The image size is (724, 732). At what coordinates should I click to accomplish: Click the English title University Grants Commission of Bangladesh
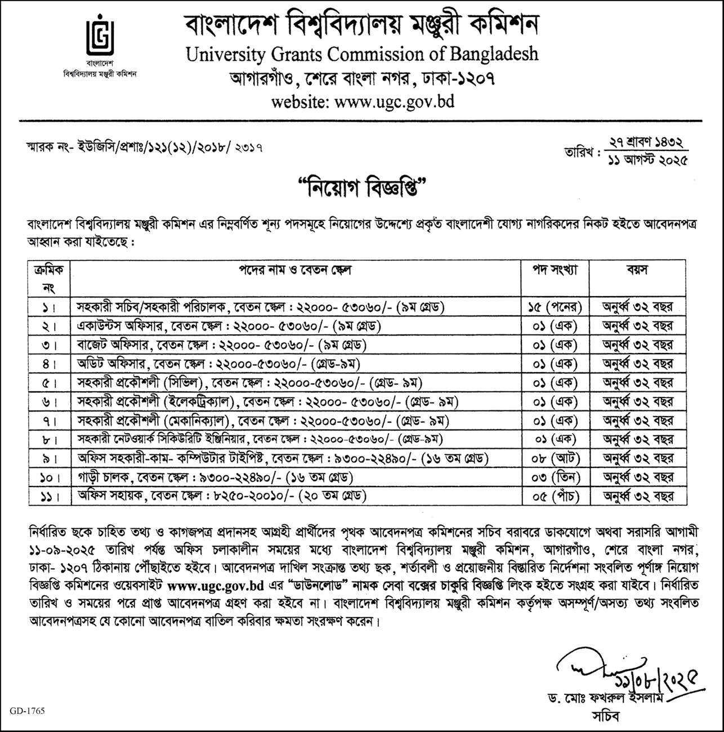pyautogui.click(x=362, y=54)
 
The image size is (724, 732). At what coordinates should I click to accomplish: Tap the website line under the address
pyautogui.click(x=362, y=102)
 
